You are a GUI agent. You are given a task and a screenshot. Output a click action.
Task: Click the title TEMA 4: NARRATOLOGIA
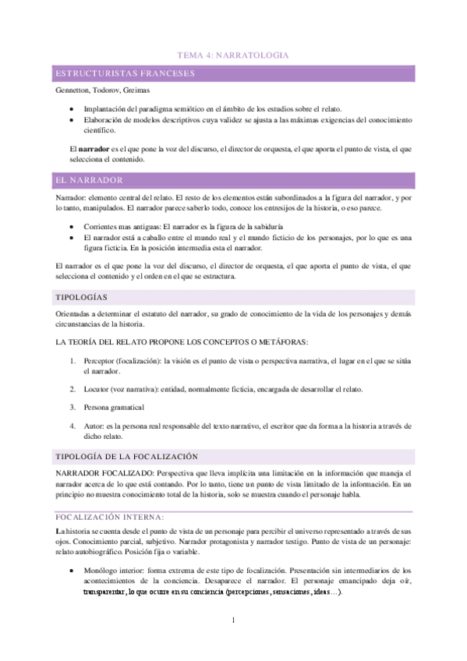tap(233, 56)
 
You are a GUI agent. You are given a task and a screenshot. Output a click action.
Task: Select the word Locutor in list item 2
tap(97, 388)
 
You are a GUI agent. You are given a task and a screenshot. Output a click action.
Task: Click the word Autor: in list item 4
tap(94, 426)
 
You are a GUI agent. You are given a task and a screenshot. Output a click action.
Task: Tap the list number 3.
tap(72, 407)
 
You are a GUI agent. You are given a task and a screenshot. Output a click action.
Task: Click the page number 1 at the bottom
tap(233, 620)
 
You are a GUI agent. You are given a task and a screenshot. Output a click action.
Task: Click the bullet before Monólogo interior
tap(72, 571)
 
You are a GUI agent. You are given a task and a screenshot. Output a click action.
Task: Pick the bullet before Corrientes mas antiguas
tap(72, 226)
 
